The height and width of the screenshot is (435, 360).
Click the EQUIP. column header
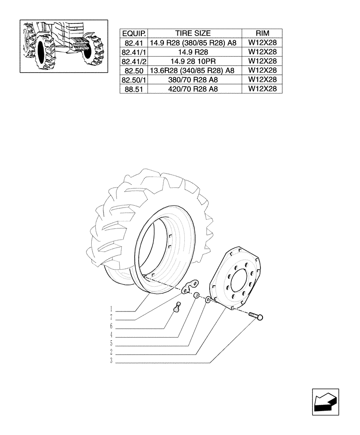tap(134, 33)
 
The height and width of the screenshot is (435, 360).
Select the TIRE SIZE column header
tap(193, 33)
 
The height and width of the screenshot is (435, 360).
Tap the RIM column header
tap(262, 33)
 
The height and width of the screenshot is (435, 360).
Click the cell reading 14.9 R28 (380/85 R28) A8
tap(193, 43)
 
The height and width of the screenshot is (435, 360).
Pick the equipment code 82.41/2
tap(134, 61)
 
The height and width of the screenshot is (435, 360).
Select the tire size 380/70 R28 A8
tap(193, 80)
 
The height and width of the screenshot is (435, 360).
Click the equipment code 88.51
tap(134, 89)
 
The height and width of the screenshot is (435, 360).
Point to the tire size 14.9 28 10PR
tap(193, 61)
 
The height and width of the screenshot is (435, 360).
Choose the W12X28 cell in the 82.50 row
tap(262, 70)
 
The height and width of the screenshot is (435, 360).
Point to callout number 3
tap(112, 361)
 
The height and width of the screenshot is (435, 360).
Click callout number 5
tap(112, 344)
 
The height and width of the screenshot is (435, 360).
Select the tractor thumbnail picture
tap(64, 46)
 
